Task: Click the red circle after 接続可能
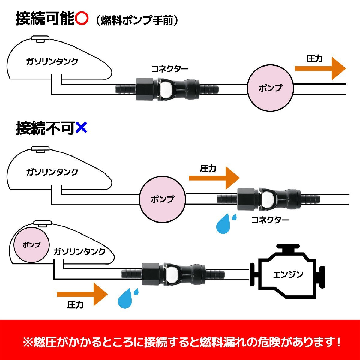82,19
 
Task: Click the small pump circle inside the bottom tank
31,244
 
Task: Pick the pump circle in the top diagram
271,88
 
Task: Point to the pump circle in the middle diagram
163,199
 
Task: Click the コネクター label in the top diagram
169,69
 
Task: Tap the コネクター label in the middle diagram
270,220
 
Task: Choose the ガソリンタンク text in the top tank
52,62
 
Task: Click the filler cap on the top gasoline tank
40,39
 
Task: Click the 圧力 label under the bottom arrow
75,305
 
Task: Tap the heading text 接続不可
45,128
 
